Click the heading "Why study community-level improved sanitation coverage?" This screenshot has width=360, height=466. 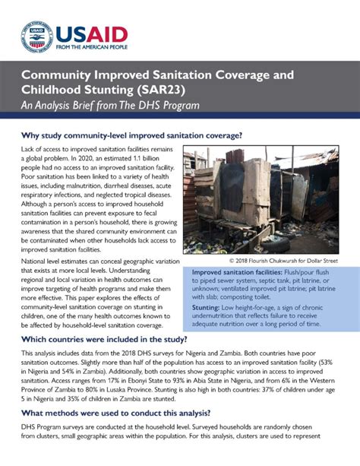pos(131,135)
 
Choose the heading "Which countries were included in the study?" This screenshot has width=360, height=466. pos(109,339)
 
